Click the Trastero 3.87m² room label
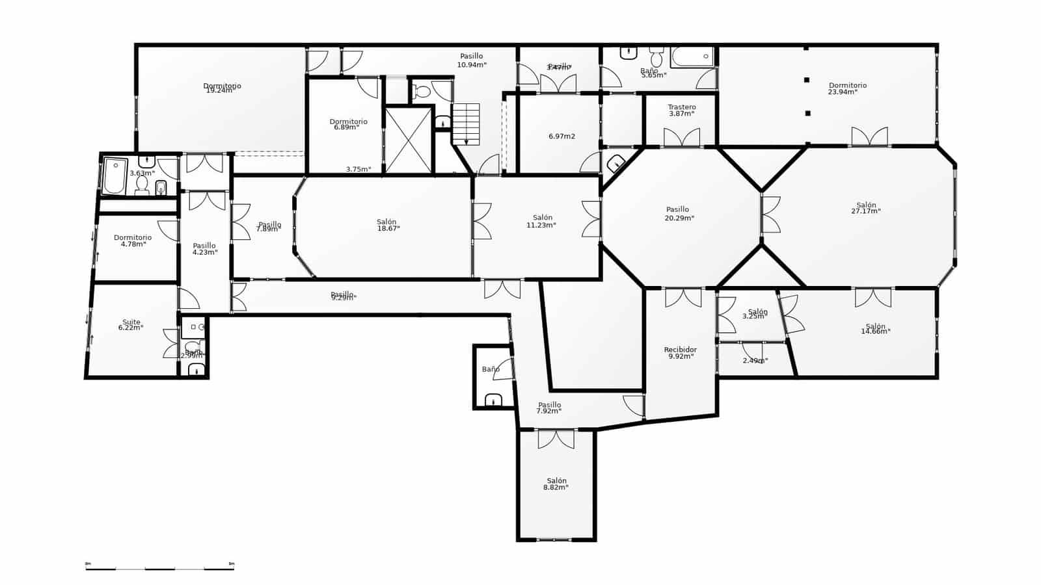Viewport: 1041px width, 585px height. tap(681, 110)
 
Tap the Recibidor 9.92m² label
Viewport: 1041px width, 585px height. tap(680, 353)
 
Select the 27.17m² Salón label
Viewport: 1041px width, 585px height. tap(866, 208)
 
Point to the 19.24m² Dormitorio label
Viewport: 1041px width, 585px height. tap(222, 88)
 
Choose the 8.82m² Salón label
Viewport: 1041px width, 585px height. tap(556, 484)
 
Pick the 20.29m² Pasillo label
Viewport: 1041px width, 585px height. tap(678, 213)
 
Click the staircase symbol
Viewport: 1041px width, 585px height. tap(466, 123)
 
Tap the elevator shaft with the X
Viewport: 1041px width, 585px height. tap(408, 140)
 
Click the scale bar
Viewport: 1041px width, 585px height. tap(159, 569)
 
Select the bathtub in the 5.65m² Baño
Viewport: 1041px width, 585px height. tap(692, 57)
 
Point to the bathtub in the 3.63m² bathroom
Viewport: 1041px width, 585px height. tap(115, 175)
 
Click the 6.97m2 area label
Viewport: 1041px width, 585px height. tap(561, 136)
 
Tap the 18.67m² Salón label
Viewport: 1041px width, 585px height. tap(388, 225)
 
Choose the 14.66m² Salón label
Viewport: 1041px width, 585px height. tap(875, 329)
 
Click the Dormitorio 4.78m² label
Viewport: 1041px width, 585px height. tap(133, 240)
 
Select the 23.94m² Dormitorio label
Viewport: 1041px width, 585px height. tap(847, 88)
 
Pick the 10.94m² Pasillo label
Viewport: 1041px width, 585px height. tap(472, 60)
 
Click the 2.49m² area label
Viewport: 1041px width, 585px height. tap(755, 360)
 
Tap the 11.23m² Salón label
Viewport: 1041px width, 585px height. tap(542, 221)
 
